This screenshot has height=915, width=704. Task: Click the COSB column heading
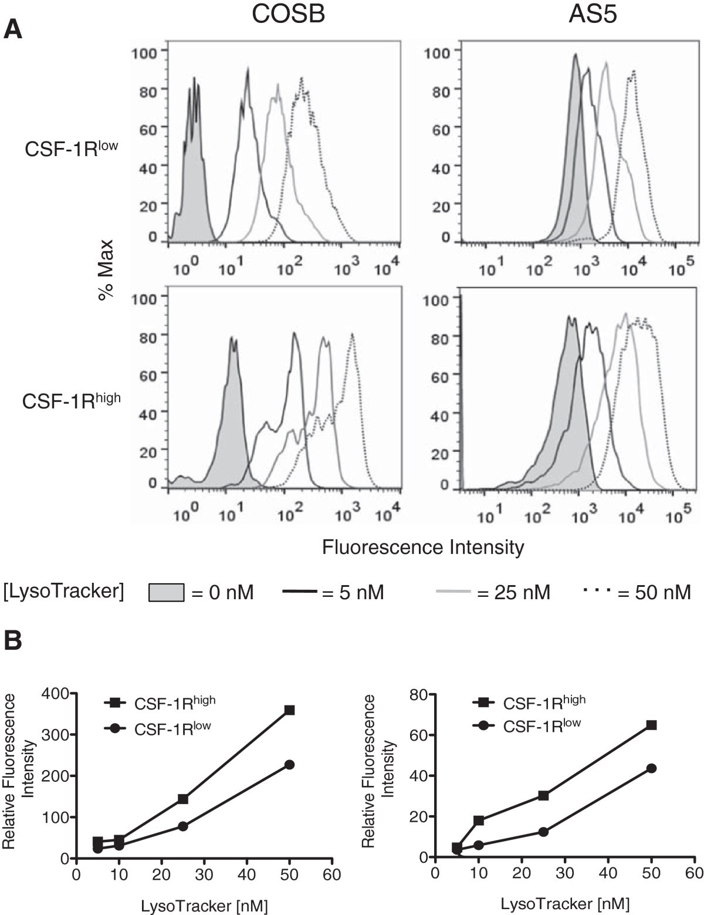(288, 15)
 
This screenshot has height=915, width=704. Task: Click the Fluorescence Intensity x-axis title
(422, 547)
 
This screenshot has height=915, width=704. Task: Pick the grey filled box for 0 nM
(167, 592)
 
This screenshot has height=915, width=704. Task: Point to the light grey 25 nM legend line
(454, 592)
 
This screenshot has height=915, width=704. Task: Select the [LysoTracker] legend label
(63, 592)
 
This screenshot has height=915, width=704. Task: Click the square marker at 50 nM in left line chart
(289, 710)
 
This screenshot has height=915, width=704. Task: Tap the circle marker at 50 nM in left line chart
(289, 765)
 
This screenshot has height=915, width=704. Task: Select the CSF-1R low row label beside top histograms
(70, 149)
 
